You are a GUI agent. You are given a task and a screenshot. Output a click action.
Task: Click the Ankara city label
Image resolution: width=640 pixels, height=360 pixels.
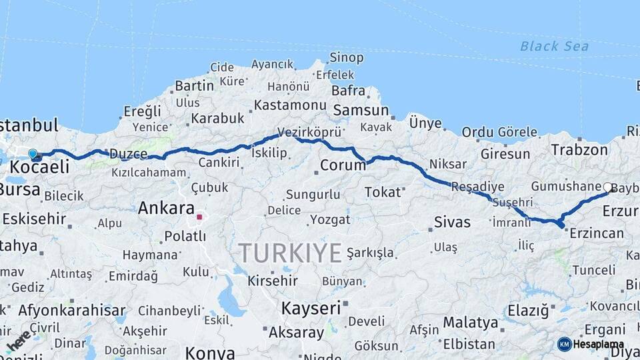click(166, 208)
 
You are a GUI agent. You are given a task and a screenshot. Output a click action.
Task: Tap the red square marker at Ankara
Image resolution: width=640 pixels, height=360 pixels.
click(199, 217)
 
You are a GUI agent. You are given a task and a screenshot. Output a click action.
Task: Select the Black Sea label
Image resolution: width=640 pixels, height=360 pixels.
click(554, 46)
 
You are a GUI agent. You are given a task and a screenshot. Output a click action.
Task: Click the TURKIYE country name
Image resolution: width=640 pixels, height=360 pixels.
click(290, 253)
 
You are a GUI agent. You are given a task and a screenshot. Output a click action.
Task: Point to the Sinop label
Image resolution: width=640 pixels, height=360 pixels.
click(347, 58)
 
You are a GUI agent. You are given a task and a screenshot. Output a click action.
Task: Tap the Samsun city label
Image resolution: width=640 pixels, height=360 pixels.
click(361, 110)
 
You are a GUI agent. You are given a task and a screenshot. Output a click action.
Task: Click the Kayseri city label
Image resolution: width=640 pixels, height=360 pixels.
click(311, 308)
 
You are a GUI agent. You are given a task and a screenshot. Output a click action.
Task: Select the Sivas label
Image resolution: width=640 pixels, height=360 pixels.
click(452, 222)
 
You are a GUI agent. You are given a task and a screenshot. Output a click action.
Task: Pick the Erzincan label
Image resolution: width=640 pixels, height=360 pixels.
click(597, 233)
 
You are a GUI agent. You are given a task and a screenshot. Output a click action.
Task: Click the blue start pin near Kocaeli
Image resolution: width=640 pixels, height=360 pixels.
click(33, 154)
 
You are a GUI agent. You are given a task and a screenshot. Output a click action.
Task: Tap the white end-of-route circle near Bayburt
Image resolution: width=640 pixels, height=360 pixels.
click(608, 188)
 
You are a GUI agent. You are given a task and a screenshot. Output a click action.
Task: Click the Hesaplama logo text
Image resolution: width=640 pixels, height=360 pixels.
click(598, 344)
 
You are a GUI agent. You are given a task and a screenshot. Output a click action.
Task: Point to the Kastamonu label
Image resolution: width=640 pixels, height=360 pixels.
click(290, 105)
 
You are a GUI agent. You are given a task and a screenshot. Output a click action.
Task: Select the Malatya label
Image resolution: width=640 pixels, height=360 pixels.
click(470, 323)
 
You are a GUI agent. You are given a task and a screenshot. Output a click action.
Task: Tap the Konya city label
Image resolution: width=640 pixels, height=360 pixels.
click(210, 352)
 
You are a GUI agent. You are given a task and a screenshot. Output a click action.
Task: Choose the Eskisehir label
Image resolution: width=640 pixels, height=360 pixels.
click(34, 219)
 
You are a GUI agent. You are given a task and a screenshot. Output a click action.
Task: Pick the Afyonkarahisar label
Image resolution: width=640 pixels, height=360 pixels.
click(72, 310)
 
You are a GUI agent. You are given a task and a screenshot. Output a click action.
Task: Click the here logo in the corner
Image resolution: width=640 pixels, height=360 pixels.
click(19, 341)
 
